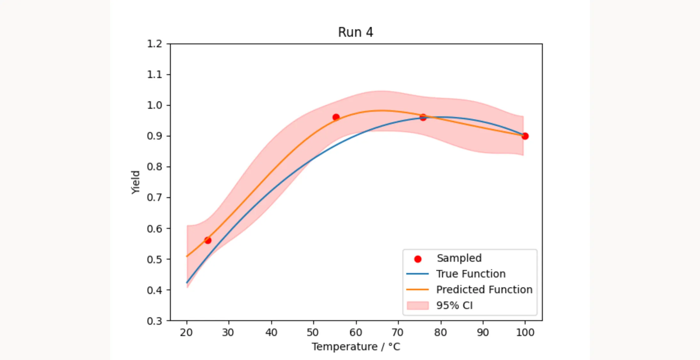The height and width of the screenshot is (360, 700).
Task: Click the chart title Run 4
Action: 355,32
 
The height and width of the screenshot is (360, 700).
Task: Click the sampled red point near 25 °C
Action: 208,240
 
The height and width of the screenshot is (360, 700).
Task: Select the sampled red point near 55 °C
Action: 336,117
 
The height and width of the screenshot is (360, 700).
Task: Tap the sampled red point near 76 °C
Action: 423,117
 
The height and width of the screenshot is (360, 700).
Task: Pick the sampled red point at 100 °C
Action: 525,136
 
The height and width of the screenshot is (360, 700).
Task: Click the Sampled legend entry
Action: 459,258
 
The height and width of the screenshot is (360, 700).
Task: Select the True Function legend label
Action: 471,274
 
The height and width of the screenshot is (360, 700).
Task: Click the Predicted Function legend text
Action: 484,290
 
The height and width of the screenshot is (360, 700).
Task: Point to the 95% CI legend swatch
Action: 418,305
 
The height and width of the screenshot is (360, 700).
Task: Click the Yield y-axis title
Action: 136,182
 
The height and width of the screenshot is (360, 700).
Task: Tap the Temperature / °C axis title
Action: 356,347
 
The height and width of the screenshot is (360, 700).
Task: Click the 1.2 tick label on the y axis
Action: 155,44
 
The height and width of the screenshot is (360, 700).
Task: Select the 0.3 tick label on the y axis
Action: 155,321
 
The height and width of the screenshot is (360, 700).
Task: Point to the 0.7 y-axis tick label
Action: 155,198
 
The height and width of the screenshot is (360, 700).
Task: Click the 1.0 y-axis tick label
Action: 155,105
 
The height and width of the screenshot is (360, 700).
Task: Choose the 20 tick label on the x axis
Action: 186,333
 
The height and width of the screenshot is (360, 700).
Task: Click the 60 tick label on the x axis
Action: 356,333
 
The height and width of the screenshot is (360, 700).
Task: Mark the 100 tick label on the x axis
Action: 525,333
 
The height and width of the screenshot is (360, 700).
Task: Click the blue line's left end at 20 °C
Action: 187,282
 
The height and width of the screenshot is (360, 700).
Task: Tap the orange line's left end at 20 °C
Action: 187,256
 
